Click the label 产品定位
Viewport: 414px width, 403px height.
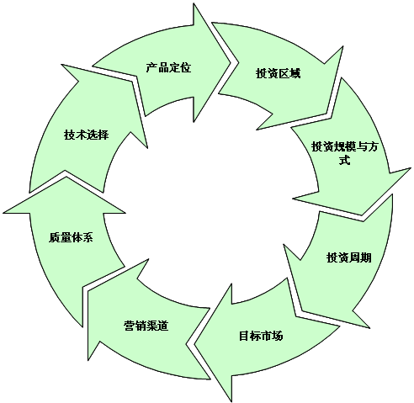point(168,68)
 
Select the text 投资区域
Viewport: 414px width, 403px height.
point(278,73)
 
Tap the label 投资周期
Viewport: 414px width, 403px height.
point(349,257)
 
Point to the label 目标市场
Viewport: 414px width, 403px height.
point(261,336)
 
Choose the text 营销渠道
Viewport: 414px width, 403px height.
point(146,326)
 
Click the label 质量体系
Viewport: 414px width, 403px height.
point(71,237)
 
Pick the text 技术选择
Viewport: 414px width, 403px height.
point(86,135)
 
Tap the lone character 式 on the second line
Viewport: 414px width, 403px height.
point(345,161)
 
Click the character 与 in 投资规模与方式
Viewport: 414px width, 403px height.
point(361,146)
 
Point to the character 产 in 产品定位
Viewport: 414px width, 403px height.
point(151,68)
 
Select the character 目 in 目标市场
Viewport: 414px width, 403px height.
point(244,336)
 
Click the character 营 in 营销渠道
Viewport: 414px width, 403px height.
point(130,326)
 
